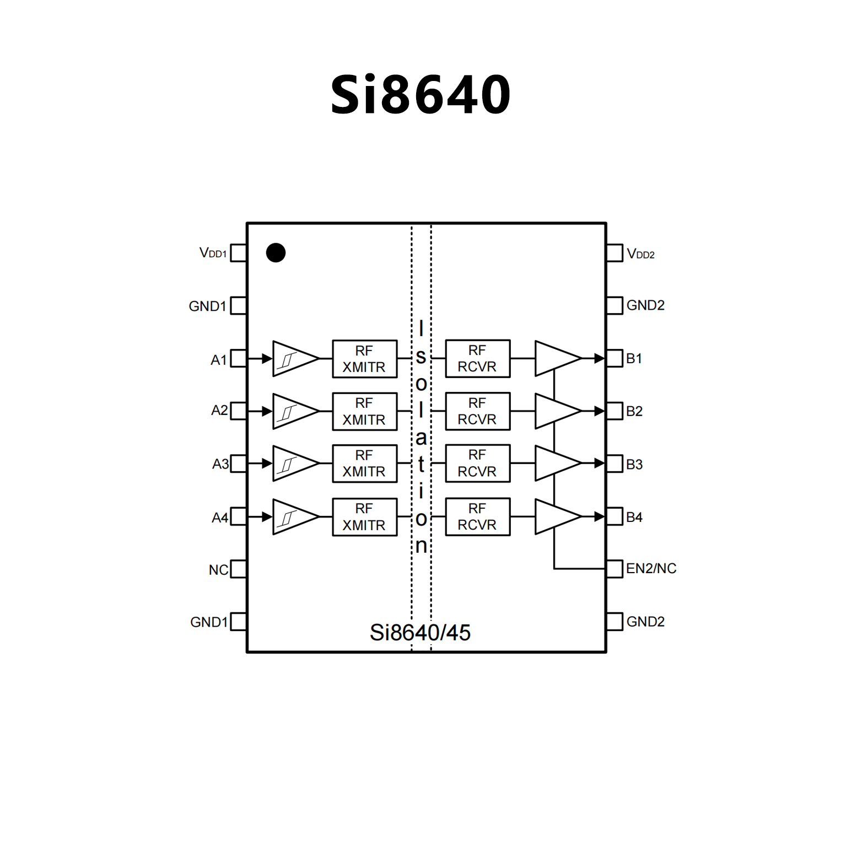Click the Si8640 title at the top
(x=421, y=95)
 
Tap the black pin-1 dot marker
(x=276, y=253)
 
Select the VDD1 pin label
(x=213, y=253)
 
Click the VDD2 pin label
(x=640, y=254)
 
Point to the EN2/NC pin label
(x=651, y=568)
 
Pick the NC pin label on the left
(x=218, y=570)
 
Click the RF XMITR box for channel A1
(x=364, y=359)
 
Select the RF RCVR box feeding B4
(x=477, y=516)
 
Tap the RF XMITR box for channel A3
(x=364, y=464)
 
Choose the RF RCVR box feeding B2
(x=477, y=411)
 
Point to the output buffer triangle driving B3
(x=557, y=464)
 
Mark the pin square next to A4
(x=238, y=517)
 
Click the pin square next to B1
(x=615, y=358)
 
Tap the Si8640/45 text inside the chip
(x=420, y=633)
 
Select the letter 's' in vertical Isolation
(x=421, y=357)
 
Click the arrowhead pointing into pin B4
(x=600, y=516)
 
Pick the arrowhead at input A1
(x=267, y=359)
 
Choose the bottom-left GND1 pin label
(x=208, y=622)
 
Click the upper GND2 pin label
(x=645, y=305)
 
